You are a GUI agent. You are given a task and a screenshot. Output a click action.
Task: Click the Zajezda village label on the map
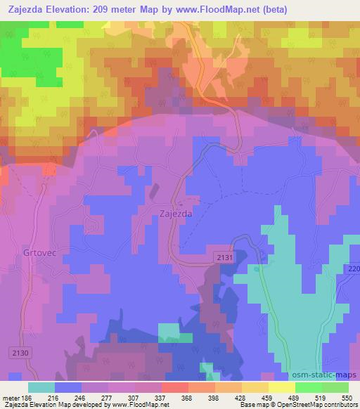point(176,214)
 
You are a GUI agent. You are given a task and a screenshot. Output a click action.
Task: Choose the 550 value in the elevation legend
point(345,398)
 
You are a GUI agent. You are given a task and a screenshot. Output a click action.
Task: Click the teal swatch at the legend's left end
point(41,387)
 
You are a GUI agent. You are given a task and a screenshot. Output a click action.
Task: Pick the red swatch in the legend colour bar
point(174,387)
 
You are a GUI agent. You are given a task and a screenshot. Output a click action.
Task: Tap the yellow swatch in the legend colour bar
point(281,387)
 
